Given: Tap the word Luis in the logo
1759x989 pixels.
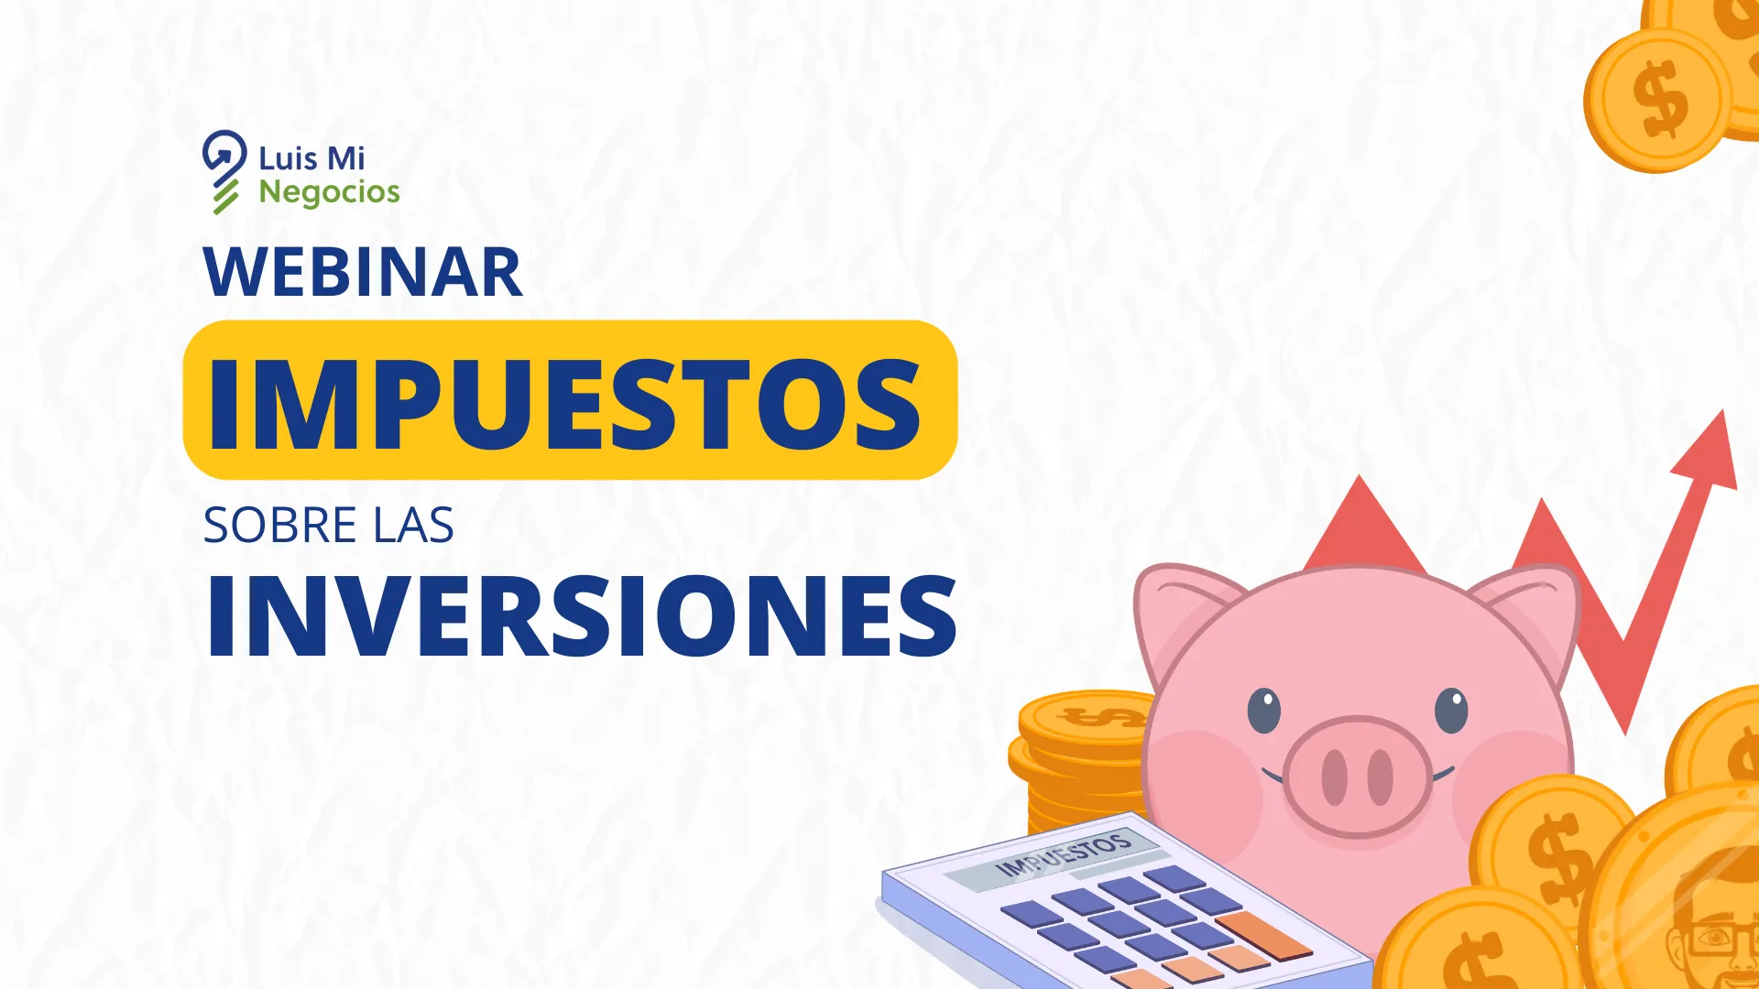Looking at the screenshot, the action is point(288,158).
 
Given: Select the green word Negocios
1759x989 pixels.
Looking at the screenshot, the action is point(329,192).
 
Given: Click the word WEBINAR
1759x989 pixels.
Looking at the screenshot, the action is point(363,272).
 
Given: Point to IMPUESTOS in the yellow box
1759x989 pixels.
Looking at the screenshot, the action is point(565,404).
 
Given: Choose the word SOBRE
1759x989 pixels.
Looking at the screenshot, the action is point(279,526).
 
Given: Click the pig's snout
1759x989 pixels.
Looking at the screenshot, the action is point(1357,777).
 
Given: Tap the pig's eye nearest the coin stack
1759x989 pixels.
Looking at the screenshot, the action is point(1263,710).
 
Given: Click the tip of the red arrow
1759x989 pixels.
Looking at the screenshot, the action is point(1722,411).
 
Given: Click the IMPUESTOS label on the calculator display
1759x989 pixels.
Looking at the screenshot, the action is point(1063,854).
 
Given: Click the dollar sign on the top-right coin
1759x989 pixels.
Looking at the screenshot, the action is point(1660,99).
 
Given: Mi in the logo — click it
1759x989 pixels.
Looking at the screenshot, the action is point(346,158).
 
